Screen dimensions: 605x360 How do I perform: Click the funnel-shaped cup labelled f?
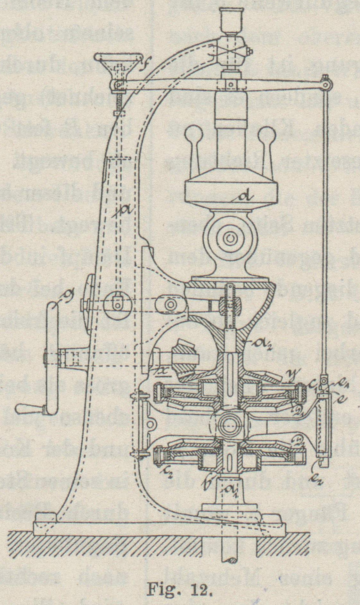[x=119, y=64]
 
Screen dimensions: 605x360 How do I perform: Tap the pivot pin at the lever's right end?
[x=326, y=85]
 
